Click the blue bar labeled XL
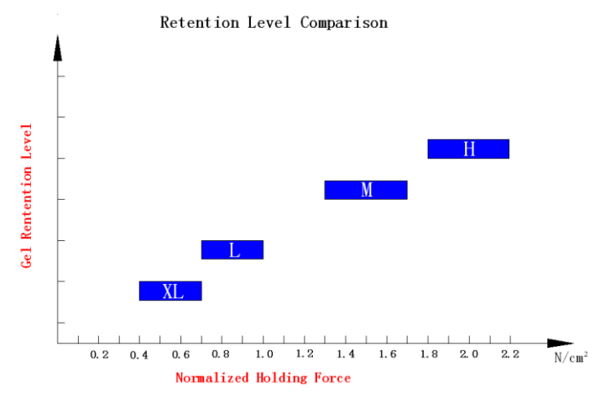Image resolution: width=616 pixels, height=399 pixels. click(x=170, y=291)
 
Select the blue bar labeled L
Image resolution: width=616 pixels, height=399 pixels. click(x=232, y=249)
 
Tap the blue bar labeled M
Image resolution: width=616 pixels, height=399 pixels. click(x=366, y=190)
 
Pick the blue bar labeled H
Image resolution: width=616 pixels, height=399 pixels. click(x=468, y=149)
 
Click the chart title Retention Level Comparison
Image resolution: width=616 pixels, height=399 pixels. click(x=274, y=23)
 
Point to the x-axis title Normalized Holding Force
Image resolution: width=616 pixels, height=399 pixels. click(x=263, y=378)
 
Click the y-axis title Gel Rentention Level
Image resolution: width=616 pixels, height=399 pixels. click(x=27, y=195)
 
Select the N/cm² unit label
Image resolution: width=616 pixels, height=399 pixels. click(x=570, y=357)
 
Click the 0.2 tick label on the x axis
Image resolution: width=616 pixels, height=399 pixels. click(x=99, y=355)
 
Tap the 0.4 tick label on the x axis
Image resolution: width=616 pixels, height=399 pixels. click(x=140, y=355)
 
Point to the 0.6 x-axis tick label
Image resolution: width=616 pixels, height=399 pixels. click(x=181, y=355)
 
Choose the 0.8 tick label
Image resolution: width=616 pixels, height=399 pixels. click(x=222, y=355)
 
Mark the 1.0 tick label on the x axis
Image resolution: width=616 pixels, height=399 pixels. click(x=264, y=355)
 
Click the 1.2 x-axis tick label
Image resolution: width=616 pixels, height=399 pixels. click(x=305, y=355)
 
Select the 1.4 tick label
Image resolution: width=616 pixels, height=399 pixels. click(x=346, y=355)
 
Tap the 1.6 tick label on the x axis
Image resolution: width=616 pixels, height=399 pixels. click(x=387, y=355)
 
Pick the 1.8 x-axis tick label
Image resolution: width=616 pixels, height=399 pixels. click(x=428, y=355)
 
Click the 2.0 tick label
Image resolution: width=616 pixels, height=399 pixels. click(x=469, y=355)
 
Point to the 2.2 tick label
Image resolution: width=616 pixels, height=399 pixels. click(x=510, y=355)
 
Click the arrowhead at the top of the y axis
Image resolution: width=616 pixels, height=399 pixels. click(x=58, y=49)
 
